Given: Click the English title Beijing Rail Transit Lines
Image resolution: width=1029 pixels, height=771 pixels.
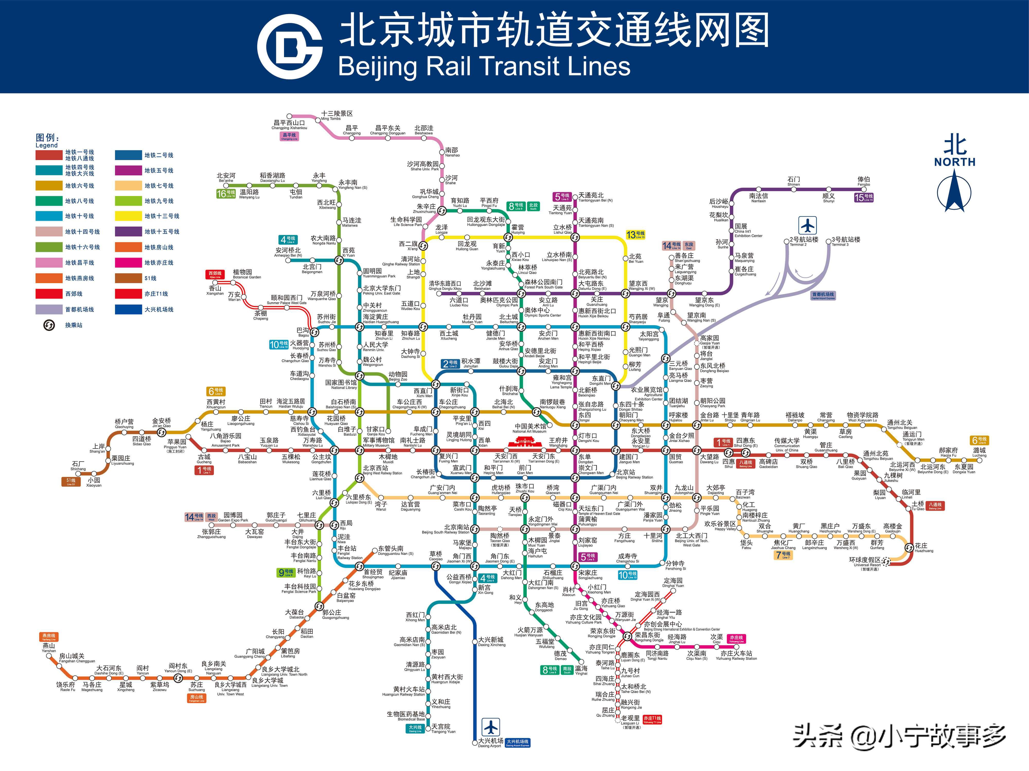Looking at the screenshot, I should click(484, 66).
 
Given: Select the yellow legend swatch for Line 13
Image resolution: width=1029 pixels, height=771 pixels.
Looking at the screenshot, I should click(128, 216).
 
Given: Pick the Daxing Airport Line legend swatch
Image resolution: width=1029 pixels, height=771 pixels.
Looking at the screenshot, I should click(128, 309).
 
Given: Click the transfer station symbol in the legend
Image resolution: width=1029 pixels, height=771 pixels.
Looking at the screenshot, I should click(49, 325).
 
